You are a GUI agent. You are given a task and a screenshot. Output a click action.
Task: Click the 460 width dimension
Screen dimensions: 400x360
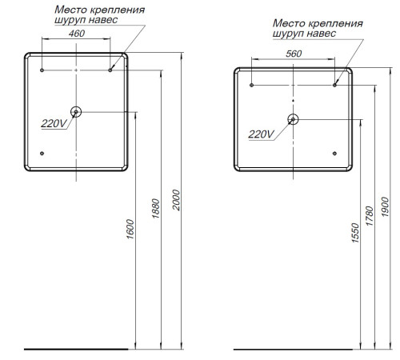click(77, 34)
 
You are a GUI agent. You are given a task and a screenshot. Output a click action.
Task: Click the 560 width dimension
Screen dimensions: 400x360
click(294, 54)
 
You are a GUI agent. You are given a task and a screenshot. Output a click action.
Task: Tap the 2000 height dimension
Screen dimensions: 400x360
click(176, 200)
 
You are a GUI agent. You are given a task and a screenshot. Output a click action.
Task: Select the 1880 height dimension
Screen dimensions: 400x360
click(155, 209)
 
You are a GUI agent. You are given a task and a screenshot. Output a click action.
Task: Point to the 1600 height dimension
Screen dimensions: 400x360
click(130, 230)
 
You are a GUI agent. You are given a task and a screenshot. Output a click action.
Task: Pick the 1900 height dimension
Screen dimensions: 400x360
click(385, 207)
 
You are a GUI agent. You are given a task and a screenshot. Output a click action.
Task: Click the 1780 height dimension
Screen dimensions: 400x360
click(370, 216)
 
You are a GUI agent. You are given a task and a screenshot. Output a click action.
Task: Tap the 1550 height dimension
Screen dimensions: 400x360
click(355, 233)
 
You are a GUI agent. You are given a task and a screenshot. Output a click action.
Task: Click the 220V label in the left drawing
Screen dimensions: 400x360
click(54, 123)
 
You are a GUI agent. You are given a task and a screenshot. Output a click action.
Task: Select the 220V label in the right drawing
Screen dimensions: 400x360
click(261, 134)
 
